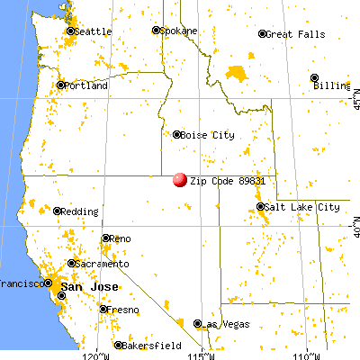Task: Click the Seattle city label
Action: (93, 31)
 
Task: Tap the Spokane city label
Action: (180, 30)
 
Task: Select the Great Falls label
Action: (292, 34)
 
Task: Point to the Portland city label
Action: (86, 85)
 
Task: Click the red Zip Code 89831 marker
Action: (180, 180)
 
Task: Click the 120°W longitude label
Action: (95, 353)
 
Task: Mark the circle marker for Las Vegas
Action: (196, 322)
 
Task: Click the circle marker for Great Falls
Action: (263, 34)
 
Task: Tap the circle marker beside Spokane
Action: (156, 30)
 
